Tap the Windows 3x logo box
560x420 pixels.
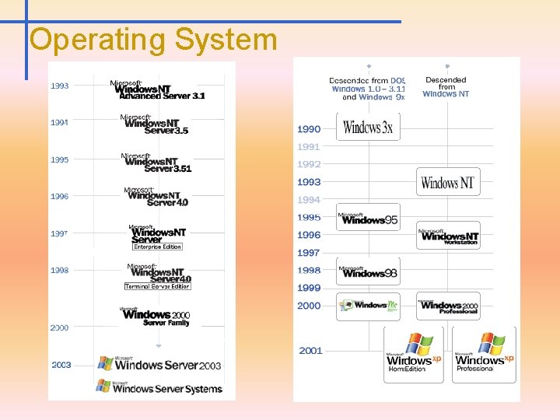[x=368, y=127]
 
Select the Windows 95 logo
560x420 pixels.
[x=368, y=218]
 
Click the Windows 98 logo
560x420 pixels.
[x=368, y=271]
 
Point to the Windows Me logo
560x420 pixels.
[x=368, y=306]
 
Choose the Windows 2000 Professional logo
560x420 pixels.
[x=448, y=306]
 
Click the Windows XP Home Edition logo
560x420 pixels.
[x=413, y=355]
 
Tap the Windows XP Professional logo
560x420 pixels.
[x=485, y=355]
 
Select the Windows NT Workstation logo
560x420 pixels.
[x=448, y=236]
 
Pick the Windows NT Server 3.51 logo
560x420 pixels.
[x=156, y=163]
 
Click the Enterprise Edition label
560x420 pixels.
[x=157, y=247]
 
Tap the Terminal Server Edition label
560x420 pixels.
[x=157, y=286]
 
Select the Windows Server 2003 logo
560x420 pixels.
[x=159, y=363]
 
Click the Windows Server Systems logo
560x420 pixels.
[x=159, y=387]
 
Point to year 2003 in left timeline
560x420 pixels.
[x=61, y=365]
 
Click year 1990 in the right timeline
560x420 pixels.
[x=309, y=128]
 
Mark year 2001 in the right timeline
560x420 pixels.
[x=310, y=351]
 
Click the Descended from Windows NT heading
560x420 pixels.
[x=446, y=86]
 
